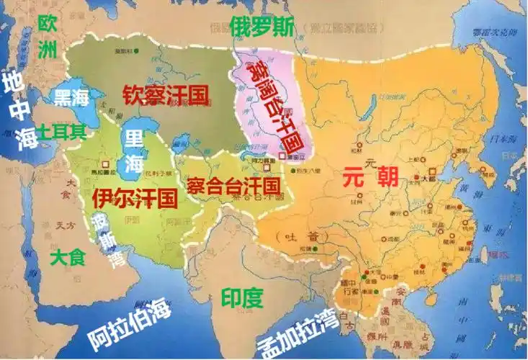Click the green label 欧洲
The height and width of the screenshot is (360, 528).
click(47, 36)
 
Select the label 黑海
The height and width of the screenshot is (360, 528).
click(72, 98)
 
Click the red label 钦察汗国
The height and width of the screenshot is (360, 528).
click(165, 95)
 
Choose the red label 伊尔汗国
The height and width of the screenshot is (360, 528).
click(135, 197)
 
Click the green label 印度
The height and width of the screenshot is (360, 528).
click(243, 297)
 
